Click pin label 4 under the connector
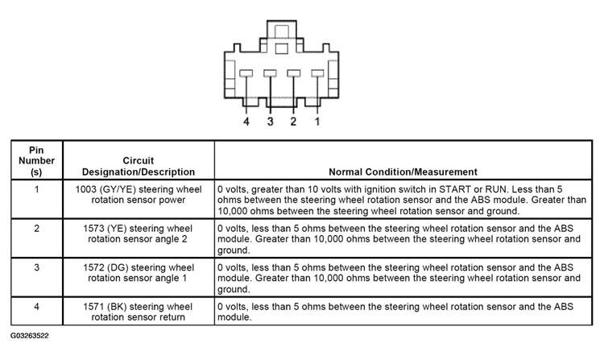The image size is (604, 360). [246, 122]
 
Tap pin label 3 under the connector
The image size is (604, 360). [270, 122]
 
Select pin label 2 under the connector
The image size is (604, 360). [293, 122]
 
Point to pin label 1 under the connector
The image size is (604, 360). [317, 122]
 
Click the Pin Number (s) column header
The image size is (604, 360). [37, 160]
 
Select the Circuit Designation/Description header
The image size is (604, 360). [139, 166]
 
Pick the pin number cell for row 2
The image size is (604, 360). [37, 228]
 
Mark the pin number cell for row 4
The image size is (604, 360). [37, 306]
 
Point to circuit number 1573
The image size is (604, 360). [97, 228]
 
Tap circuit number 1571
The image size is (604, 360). [97, 306]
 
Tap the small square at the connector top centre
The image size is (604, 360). [281, 48]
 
